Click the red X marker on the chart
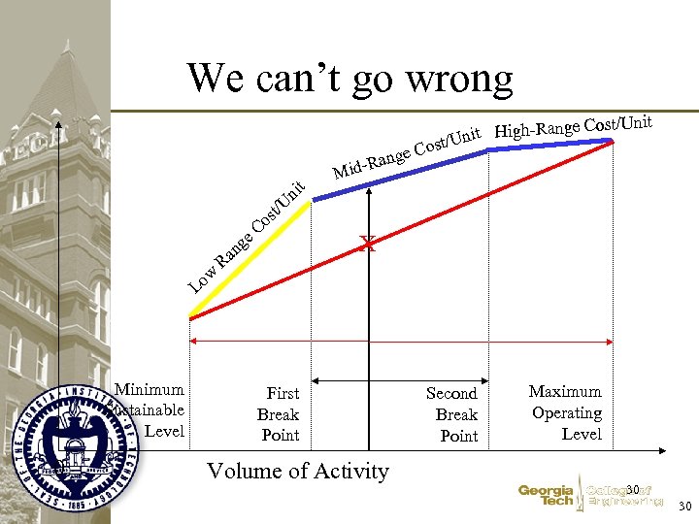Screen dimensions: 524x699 point(367,244)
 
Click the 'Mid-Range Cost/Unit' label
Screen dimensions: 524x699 point(408,154)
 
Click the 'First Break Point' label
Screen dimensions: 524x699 point(281,414)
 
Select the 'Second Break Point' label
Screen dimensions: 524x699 point(453,414)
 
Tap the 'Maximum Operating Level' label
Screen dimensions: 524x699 point(567,412)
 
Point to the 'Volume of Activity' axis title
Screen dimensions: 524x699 point(298,472)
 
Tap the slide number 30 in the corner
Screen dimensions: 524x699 point(683,507)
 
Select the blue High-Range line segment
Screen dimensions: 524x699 point(549,146)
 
